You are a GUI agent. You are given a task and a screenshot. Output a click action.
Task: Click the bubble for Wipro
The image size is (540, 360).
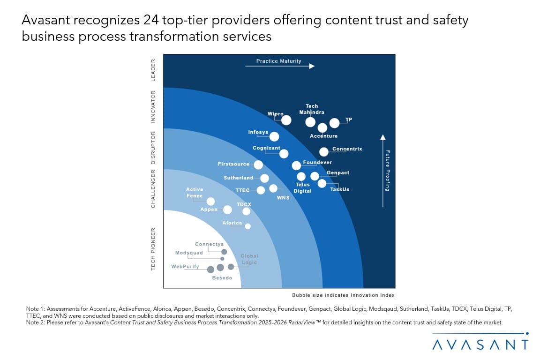[x=286, y=120]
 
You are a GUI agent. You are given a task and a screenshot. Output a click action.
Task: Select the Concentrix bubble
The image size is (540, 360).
[x=324, y=151]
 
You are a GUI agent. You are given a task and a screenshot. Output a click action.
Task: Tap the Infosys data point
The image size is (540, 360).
[x=274, y=136]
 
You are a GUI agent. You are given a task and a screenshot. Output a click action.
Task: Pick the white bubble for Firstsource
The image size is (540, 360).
[x=258, y=165]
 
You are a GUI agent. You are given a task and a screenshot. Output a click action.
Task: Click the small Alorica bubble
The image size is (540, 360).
[x=248, y=226]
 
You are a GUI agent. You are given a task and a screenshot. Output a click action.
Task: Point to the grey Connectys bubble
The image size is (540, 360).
[x=224, y=252]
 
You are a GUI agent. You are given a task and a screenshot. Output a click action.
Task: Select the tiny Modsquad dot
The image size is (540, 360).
[x=222, y=259]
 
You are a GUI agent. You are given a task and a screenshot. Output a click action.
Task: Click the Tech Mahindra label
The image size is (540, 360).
[x=312, y=109]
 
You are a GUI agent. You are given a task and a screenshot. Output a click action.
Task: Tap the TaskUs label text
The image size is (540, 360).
[x=340, y=189]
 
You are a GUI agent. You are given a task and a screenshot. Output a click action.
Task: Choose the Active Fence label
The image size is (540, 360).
[x=195, y=193]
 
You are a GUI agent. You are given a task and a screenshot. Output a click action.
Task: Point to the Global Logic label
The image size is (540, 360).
[x=249, y=259]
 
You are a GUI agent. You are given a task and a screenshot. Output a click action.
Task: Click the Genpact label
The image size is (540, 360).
[x=338, y=173]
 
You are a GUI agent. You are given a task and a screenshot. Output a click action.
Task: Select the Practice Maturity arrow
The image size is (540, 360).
[x=279, y=67]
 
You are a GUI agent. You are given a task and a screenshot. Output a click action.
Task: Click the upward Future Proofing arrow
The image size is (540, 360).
[x=383, y=171]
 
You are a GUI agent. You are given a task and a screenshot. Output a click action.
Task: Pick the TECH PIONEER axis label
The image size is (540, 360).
[x=153, y=249]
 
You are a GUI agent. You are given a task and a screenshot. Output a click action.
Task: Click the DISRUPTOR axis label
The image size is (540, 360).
[x=153, y=148]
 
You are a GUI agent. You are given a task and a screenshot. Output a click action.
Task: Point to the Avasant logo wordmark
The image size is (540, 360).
[x=480, y=345]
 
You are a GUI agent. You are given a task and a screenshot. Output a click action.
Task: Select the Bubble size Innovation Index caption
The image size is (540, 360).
[x=343, y=295]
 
